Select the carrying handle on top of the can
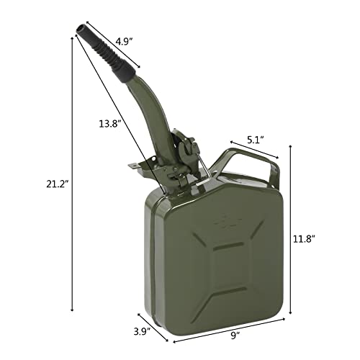(x=248, y=161)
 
